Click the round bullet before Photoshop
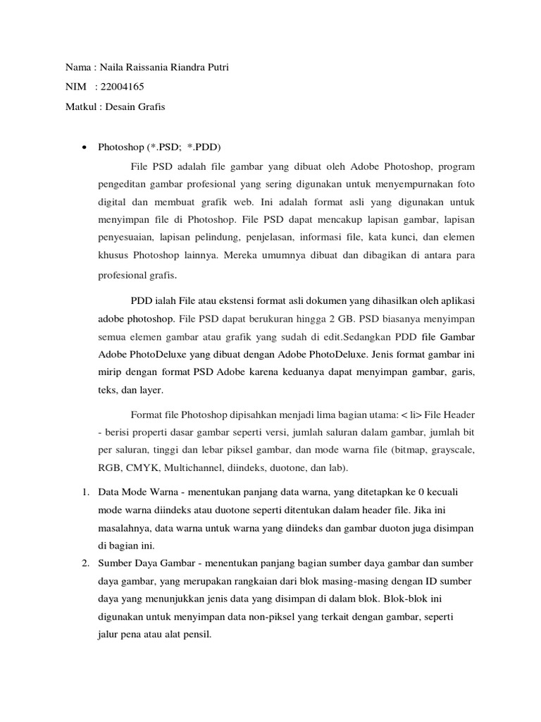(x=85, y=148)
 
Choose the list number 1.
(x=83, y=490)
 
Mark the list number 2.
(x=83, y=563)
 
